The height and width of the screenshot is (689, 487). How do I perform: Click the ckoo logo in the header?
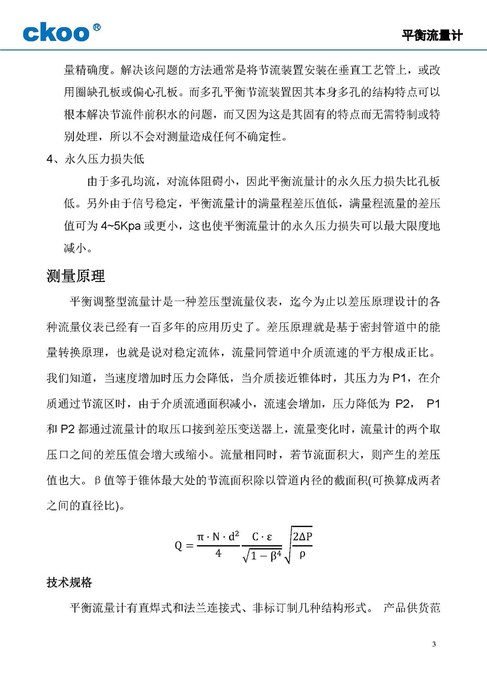(56, 33)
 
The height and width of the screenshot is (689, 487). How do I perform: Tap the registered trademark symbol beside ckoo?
(96, 27)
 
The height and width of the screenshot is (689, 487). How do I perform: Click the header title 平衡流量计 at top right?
(432, 35)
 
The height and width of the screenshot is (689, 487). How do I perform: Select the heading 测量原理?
(75, 276)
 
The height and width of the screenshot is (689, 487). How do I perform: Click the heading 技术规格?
(69, 582)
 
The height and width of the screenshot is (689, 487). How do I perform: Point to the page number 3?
(434, 644)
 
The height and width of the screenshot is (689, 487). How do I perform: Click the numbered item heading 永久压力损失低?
(104, 159)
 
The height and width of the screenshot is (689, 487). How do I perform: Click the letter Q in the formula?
(178, 545)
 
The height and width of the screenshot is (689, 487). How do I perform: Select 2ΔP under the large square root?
(302, 537)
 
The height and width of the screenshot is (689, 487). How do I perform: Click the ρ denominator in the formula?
(302, 554)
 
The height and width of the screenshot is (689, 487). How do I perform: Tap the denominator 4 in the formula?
(218, 554)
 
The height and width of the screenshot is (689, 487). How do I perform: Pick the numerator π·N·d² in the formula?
(218, 537)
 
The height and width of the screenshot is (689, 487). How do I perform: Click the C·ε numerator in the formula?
(262, 537)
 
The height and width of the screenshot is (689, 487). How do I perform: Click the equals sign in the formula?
(190, 546)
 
